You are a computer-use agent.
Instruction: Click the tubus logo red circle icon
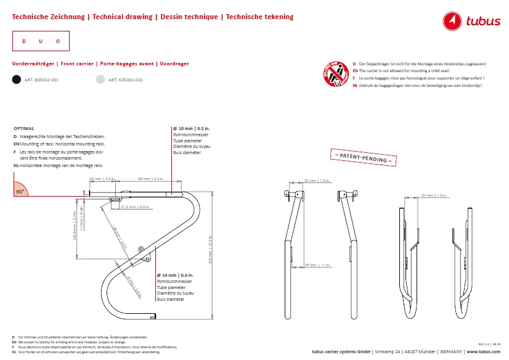click(x=454, y=22)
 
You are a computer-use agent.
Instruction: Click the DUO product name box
click(x=41, y=41)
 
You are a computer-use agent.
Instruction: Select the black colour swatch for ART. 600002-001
click(x=17, y=80)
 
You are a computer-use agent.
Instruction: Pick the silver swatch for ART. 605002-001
click(x=100, y=80)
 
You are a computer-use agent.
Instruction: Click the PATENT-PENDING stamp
click(x=362, y=157)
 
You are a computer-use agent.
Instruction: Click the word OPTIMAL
click(x=23, y=128)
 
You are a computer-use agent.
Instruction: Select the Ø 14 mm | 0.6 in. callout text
click(x=176, y=274)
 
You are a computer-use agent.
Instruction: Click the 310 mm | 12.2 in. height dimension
click(x=210, y=253)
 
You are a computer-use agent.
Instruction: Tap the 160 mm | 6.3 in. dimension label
click(x=149, y=179)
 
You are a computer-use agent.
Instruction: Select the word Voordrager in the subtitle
click(x=174, y=63)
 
